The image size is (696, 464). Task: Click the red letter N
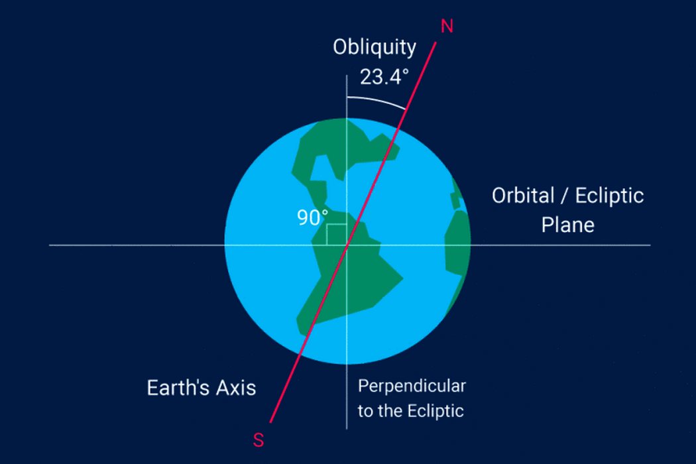[x=447, y=27]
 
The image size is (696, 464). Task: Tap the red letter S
[x=259, y=440]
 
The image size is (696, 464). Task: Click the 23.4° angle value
[x=384, y=77]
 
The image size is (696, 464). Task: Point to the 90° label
[x=312, y=217]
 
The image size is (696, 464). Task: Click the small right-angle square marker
[x=337, y=235]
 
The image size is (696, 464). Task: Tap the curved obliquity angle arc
[x=377, y=100]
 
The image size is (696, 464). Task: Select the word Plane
[x=567, y=225]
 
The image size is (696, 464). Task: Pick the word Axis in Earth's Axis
[x=236, y=388]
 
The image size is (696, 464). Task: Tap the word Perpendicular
[x=412, y=386]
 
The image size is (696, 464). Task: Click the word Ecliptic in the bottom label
[x=436, y=411]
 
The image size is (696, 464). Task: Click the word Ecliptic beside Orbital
[x=609, y=196]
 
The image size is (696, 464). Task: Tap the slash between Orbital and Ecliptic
[x=565, y=196]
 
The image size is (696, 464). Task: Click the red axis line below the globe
[x=284, y=390]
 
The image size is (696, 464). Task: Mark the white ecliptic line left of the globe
[x=137, y=245]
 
